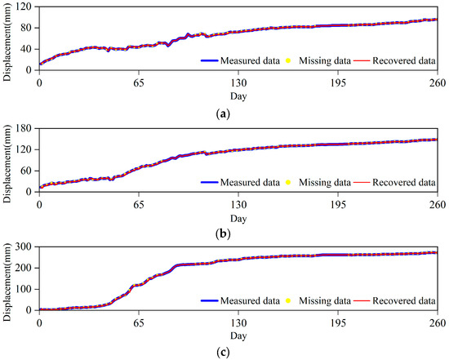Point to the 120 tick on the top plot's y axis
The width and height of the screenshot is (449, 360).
pyautogui.click(x=24, y=7)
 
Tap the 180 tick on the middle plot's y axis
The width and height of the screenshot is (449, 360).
pyautogui.click(x=24, y=127)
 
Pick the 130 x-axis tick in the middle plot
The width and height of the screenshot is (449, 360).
pyautogui.click(x=238, y=203)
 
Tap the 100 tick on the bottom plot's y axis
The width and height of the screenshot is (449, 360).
pyautogui.click(x=24, y=289)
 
